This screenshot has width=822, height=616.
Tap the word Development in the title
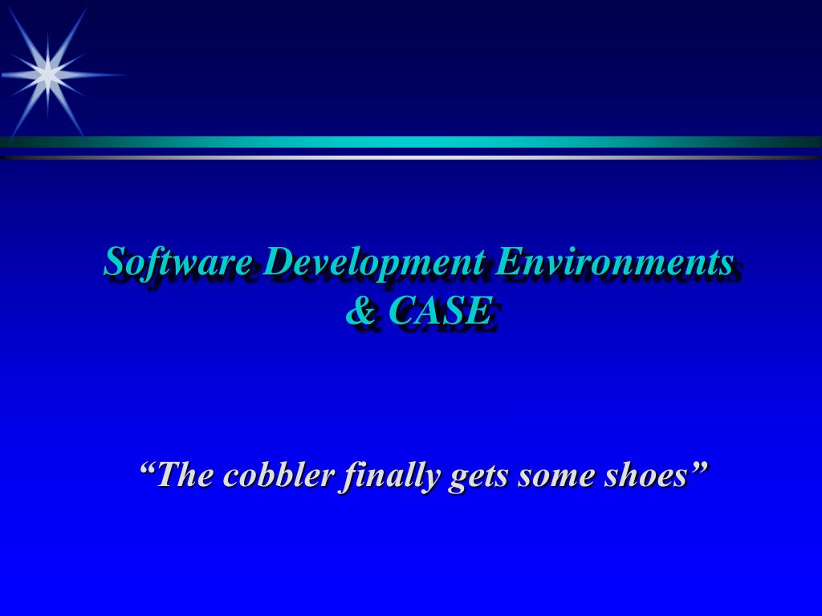(x=373, y=262)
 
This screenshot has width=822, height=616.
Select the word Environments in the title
(x=614, y=262)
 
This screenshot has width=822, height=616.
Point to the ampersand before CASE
(x=360, y=311)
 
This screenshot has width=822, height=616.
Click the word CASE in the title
(x=439, y=311)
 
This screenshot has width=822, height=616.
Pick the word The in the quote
(x=186, y=475)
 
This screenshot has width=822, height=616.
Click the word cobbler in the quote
(x=279, y=475)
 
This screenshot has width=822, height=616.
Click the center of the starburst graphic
(x=48, y=75)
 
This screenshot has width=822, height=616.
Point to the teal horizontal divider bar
(x=411, y=142)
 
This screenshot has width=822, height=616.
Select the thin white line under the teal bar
(x=411, y=157)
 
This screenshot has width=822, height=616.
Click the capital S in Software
(x=115, y=262)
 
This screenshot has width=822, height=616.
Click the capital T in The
(x=168, y=475)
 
